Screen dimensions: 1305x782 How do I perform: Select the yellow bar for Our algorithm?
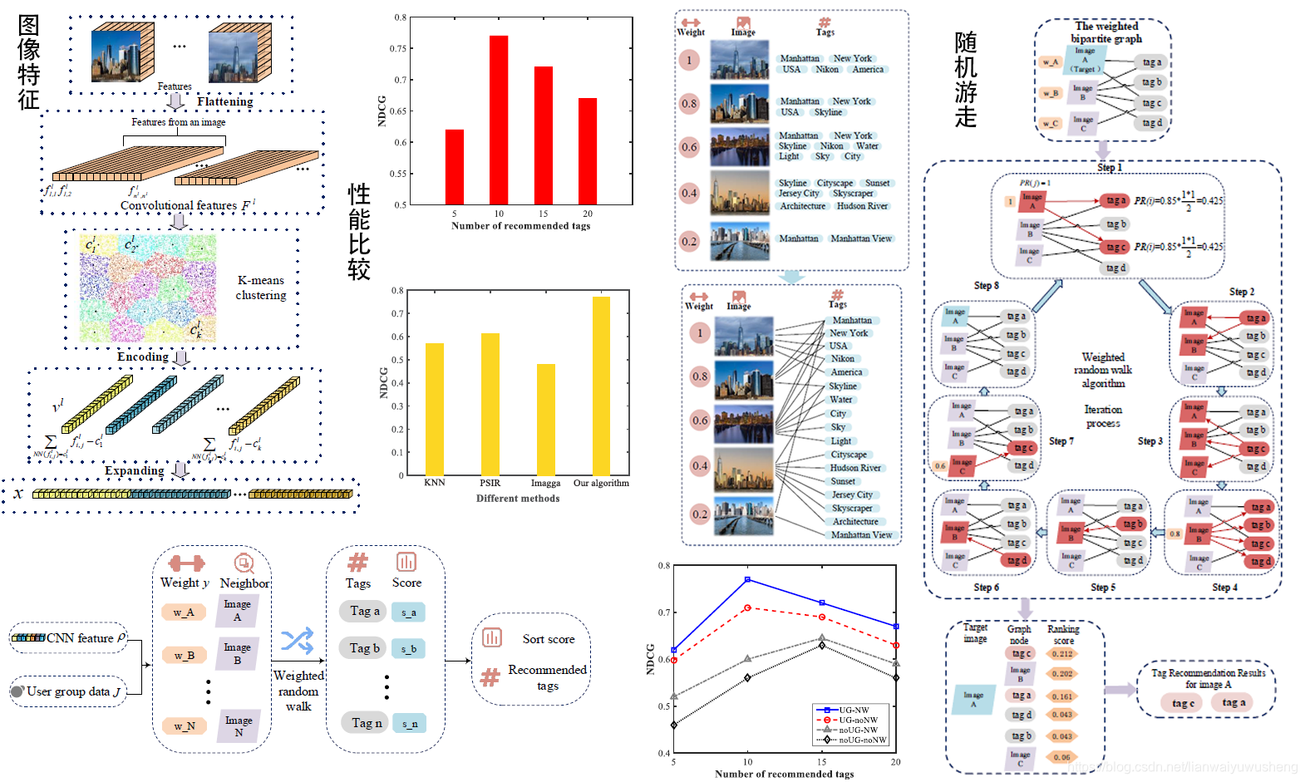point(601,386)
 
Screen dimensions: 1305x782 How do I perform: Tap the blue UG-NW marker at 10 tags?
point(747,579)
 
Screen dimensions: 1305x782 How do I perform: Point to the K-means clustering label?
point(260,288)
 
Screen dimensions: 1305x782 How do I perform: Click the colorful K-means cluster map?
point(148,288)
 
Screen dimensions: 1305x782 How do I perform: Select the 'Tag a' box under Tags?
point(364,611)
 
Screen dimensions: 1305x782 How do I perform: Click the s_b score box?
point(409,649)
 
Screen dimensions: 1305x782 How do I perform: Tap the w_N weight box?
point(184,726)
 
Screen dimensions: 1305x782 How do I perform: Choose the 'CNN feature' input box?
point(69,637)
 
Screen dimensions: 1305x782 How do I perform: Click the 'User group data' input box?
point(68,691)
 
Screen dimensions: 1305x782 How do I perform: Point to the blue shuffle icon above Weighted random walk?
point(297,641)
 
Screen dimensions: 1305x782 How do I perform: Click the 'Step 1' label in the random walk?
point(1109,167)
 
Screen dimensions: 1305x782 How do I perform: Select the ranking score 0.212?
point(1061,654)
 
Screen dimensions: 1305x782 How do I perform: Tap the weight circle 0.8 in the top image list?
point(689,104)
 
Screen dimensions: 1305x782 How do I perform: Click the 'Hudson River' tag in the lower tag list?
point(855,468)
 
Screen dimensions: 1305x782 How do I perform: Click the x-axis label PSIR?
point(490,483)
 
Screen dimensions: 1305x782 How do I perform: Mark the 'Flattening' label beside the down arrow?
point(224,101)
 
